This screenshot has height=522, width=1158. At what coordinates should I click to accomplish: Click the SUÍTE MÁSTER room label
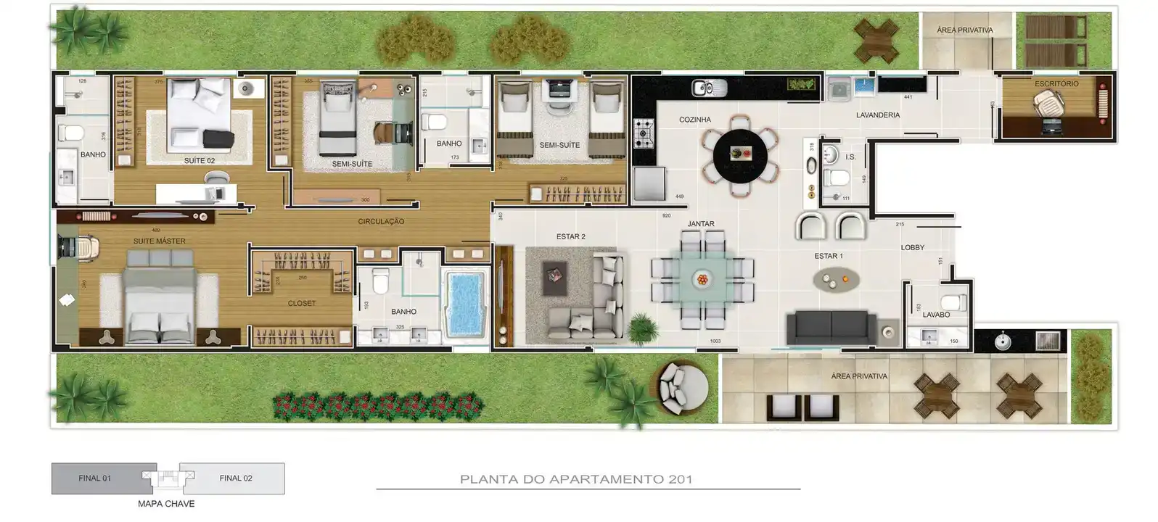coord(159,241)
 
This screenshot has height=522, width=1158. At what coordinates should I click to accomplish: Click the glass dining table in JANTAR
coord(701,279)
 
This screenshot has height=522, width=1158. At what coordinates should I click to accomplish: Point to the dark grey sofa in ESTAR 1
coord(829,328)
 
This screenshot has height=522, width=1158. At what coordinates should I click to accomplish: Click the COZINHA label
coord(694,120)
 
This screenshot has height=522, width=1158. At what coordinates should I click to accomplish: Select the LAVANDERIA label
coord(877,115)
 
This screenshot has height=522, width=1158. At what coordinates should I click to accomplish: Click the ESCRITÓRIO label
coord(1056,84)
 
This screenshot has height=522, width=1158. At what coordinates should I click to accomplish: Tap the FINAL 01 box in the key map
coord(95,478)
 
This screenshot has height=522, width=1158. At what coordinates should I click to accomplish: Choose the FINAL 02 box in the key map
coord(236,478)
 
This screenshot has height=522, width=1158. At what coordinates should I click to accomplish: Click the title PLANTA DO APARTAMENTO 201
coord(575,479)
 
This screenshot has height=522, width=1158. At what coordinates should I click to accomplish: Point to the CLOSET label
coord(301,303)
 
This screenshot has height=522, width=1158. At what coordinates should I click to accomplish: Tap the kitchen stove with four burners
coord(643,133)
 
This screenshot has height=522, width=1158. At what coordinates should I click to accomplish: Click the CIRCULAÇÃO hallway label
coord(381,221)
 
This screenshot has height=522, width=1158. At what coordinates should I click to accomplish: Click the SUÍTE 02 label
coord(199,160)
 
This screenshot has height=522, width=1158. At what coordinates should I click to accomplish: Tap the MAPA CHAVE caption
coord(166,504)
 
